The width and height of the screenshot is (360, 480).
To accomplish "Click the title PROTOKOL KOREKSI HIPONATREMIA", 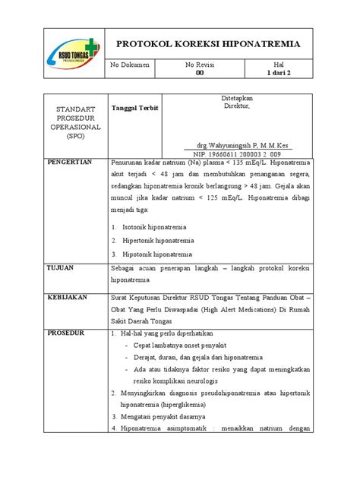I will tap(207, 44).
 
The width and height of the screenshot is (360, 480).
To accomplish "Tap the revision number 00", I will tap(201, 74).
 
